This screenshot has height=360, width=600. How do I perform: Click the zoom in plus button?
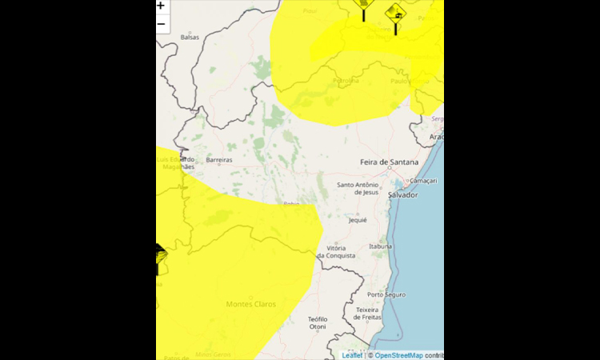point(161,6)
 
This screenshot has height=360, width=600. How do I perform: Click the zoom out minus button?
point(161,23)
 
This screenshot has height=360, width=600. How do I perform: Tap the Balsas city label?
point(190,38)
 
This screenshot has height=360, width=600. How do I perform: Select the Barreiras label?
point(219,160)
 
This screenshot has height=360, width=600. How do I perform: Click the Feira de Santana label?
point(390,162)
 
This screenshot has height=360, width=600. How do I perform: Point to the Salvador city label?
point(402,194)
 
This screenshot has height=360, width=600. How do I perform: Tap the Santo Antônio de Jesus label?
point(357,188)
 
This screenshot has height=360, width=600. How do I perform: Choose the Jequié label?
point(357,220)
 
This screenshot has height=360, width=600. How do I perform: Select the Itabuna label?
point(380,246)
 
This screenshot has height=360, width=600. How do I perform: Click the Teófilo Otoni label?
point(318,322)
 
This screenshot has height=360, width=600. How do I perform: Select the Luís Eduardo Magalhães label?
point(175,163)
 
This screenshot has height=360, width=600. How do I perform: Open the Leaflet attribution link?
point(352,355)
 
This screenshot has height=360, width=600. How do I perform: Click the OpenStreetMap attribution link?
point(398,355)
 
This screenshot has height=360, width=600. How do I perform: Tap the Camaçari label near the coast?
point(426,181)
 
